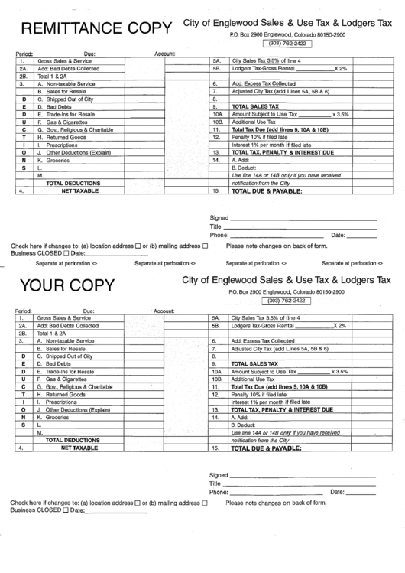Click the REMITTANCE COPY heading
[x=96, y=28]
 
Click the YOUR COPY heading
[x=67, y=285]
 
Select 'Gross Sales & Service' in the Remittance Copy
[x=64, y=60]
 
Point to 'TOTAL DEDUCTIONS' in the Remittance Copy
[x=73, y=184]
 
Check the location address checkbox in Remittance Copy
[x=137, y=246]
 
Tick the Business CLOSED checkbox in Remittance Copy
[x=66, y=252]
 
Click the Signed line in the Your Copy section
[x=302, y=474]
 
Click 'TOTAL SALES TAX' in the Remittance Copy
[x=256, y=106]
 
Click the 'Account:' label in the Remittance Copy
[x=165, y=53]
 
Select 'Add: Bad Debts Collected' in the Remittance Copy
[x=68, y=68]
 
